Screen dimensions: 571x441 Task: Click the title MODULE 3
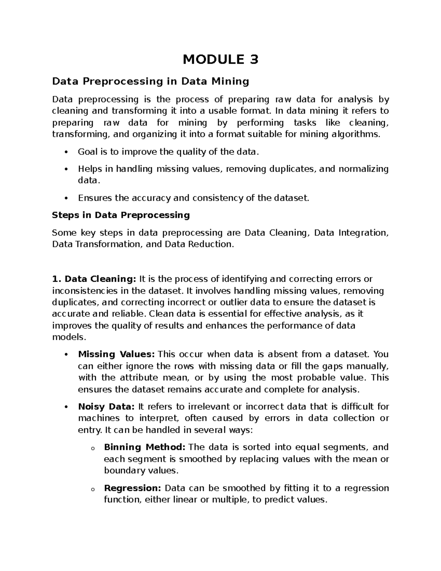(220, 59)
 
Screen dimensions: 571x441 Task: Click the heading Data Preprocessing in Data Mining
(150, 81)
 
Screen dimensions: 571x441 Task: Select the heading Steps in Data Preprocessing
(121, 215)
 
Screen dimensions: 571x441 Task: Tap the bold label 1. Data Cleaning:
(94, 279)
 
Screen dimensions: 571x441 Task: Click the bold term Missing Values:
(116, 354)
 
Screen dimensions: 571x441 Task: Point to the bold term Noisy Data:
(107, 407)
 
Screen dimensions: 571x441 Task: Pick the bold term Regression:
(133, 488)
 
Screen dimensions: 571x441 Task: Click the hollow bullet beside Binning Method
(92, 448)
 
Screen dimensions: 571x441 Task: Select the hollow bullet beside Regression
(92, 489)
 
